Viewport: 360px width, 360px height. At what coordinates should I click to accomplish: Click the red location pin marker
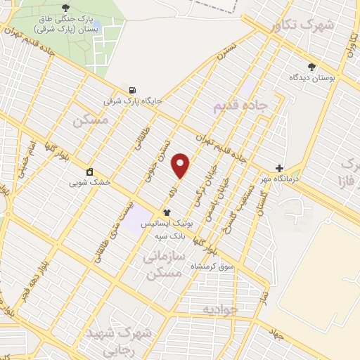click(x=181, y=165)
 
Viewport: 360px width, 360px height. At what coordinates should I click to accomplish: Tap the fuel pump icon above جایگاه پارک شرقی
click(x=131, y=89)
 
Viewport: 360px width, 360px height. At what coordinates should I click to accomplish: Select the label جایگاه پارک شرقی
click(x=133, y=101)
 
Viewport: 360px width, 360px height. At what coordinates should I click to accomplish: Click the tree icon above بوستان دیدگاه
click(x=311, y=67)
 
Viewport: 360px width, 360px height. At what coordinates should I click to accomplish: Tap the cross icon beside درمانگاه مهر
click(x=280, y=169)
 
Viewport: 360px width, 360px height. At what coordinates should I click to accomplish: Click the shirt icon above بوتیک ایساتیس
click(x=167, y=212)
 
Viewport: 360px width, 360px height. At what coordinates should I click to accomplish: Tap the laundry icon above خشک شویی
click(x=90, y=172)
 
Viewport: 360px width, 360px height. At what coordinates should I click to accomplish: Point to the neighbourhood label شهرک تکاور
click(x=302, y=25)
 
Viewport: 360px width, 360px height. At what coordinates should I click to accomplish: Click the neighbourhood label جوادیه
click(x=221, y=309)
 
